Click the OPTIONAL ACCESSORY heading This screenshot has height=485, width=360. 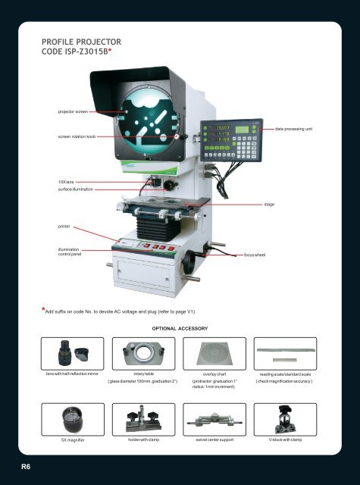pos(180,328)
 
